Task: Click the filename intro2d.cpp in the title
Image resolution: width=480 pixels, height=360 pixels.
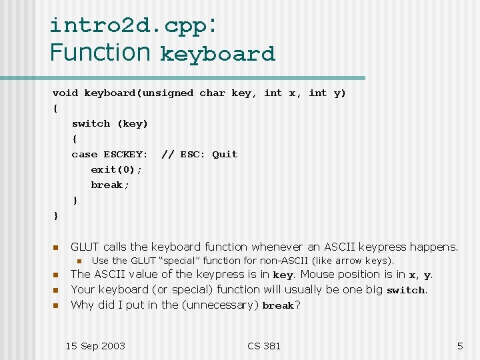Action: click(129, 25)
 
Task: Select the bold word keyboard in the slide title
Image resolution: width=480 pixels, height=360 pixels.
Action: click(217, 54)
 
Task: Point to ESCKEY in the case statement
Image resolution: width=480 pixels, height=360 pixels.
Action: click(125, 155)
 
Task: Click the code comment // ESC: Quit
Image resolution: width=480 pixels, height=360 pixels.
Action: click(199, 155)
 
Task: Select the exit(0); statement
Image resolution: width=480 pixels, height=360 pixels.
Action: click(117, 170)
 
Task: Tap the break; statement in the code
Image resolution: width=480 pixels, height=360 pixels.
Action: click(110, 185)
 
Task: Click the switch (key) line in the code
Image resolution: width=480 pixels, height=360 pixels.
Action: click(110, 124)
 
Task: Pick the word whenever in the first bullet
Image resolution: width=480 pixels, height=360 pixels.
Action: click(279, 247)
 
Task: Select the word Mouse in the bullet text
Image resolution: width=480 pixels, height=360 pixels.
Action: click(318, 275)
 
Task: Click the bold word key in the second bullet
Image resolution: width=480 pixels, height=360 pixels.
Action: click(283, 275)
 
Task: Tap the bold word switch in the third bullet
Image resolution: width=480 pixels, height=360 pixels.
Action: click(405, 291)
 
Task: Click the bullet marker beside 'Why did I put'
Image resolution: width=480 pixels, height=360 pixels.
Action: click(57, 305)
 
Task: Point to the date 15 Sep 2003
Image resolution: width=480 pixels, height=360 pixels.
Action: click(95, 346)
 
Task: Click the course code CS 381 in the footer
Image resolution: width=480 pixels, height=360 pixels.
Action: click(263, 346)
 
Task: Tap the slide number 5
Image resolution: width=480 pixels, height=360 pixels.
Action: click(459, 346)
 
